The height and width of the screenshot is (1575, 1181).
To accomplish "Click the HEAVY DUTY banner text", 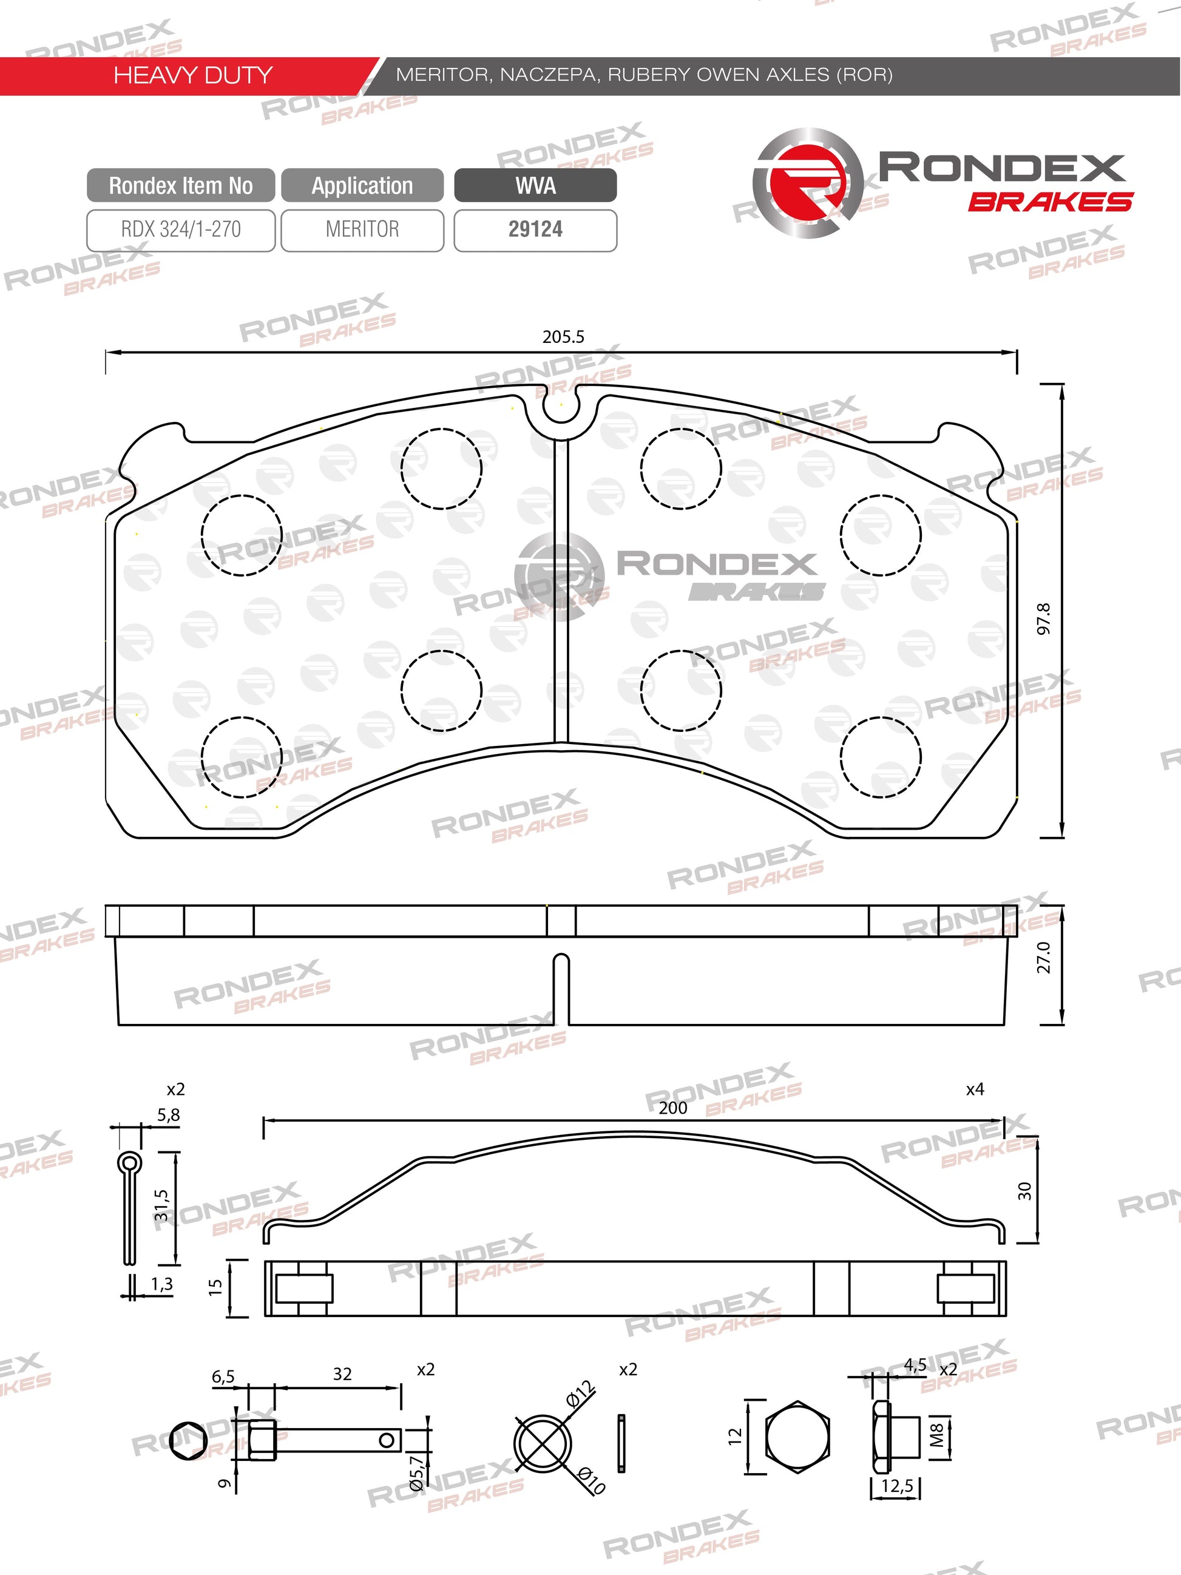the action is click(193, 75).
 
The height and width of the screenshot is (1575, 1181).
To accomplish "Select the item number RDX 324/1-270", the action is click(181, 229).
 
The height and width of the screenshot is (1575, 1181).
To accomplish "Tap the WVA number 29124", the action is click(535, 229).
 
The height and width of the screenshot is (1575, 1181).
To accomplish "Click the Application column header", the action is click(362, 186).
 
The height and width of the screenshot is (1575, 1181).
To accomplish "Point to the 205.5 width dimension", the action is click(563, 337).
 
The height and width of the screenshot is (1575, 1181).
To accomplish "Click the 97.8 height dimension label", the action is click(1043, 618).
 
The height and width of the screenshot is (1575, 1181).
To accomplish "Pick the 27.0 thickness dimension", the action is click(1043, 957).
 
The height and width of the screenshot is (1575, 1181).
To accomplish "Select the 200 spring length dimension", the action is click(672, 1107).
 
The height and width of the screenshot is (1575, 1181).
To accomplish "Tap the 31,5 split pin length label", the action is click(161, 1205).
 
